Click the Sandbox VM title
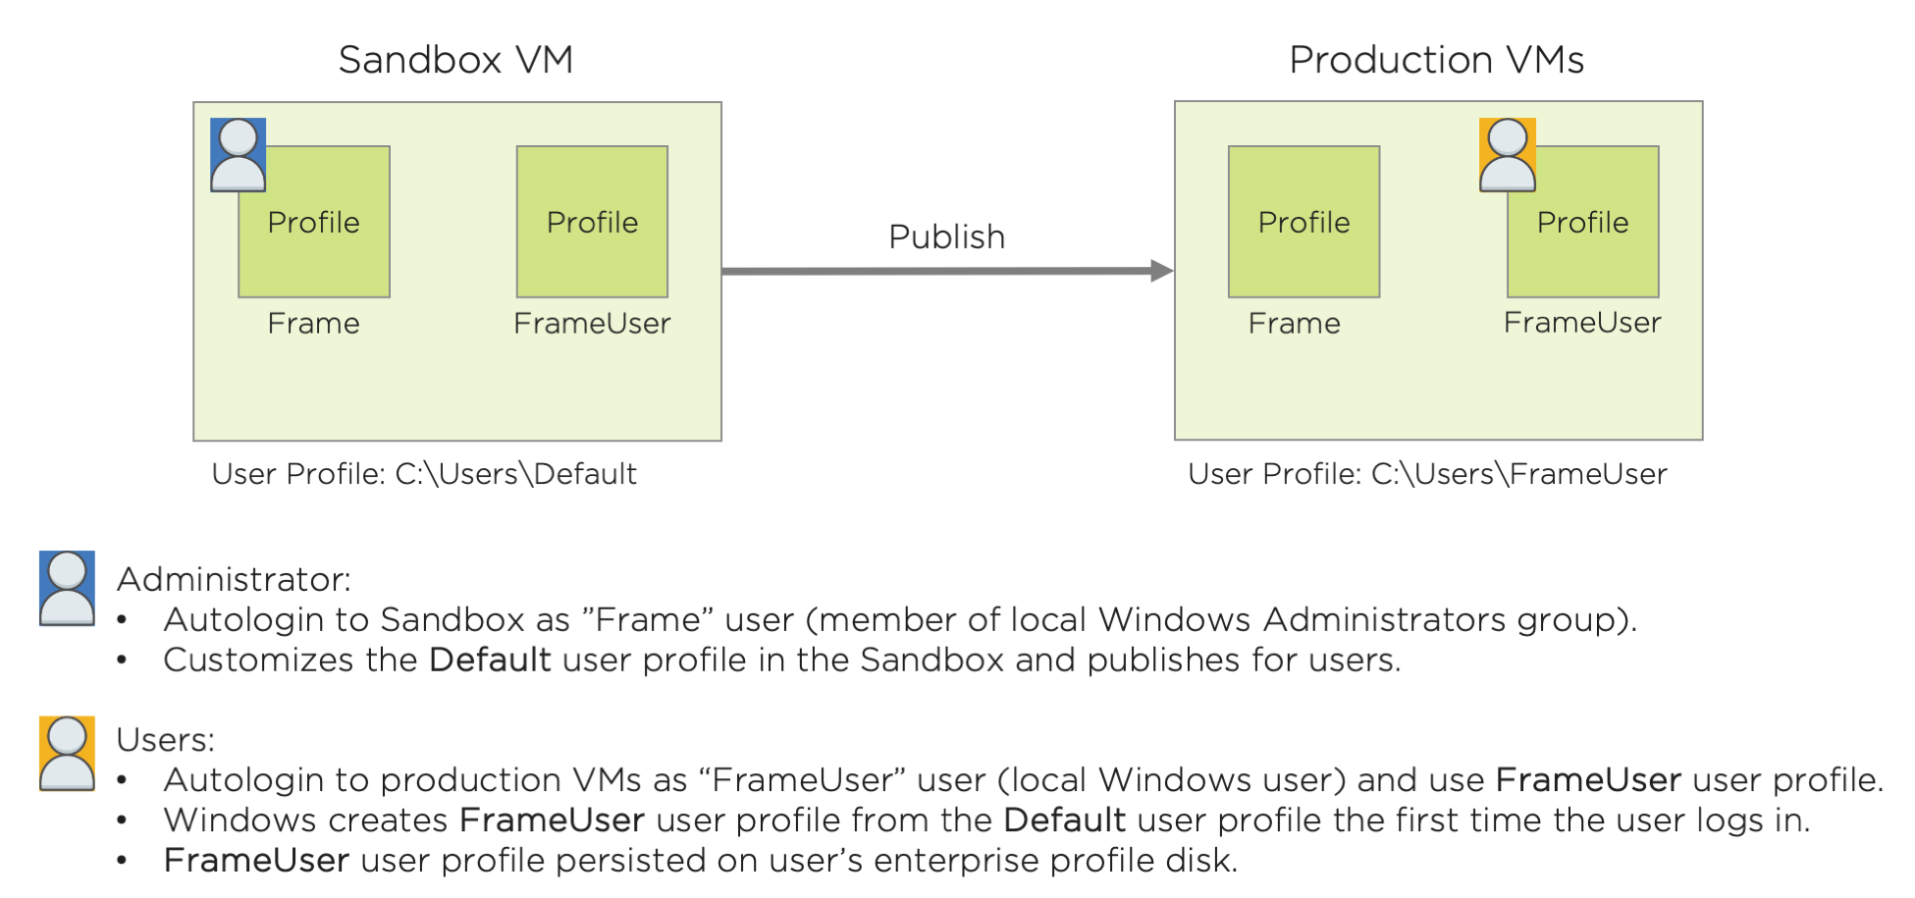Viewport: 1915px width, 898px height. coord(455,60)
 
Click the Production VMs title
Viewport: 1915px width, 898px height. coord(1436,60)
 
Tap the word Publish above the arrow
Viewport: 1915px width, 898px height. coord(946,237)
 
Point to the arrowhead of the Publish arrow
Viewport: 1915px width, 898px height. coord(1162,271)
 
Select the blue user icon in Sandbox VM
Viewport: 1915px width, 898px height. coord(239,155)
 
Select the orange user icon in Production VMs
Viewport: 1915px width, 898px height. coord(1508,155)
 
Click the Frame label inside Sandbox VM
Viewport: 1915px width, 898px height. coord(313,324)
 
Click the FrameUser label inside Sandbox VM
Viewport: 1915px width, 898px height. coord(592,324)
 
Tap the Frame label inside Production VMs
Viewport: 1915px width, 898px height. coord(1294,324)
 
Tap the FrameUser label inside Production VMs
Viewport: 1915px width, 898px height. coord(1582,323)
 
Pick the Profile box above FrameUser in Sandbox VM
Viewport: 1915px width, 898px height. coord(592,222)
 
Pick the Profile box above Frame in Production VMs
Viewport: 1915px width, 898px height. coord(1303,222)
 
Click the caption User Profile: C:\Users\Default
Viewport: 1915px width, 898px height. coord(424,474)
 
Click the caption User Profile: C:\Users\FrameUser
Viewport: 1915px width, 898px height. coord(1427,474)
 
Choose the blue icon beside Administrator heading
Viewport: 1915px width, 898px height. coord(67,588)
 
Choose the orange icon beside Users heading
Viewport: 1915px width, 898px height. coord(67,753)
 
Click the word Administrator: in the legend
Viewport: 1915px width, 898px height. coord(234,579)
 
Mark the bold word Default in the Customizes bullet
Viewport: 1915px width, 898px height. coord(490,660)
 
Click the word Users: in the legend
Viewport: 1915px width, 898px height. coord(165,739)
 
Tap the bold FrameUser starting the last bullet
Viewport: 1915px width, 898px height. coord(256,861)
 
